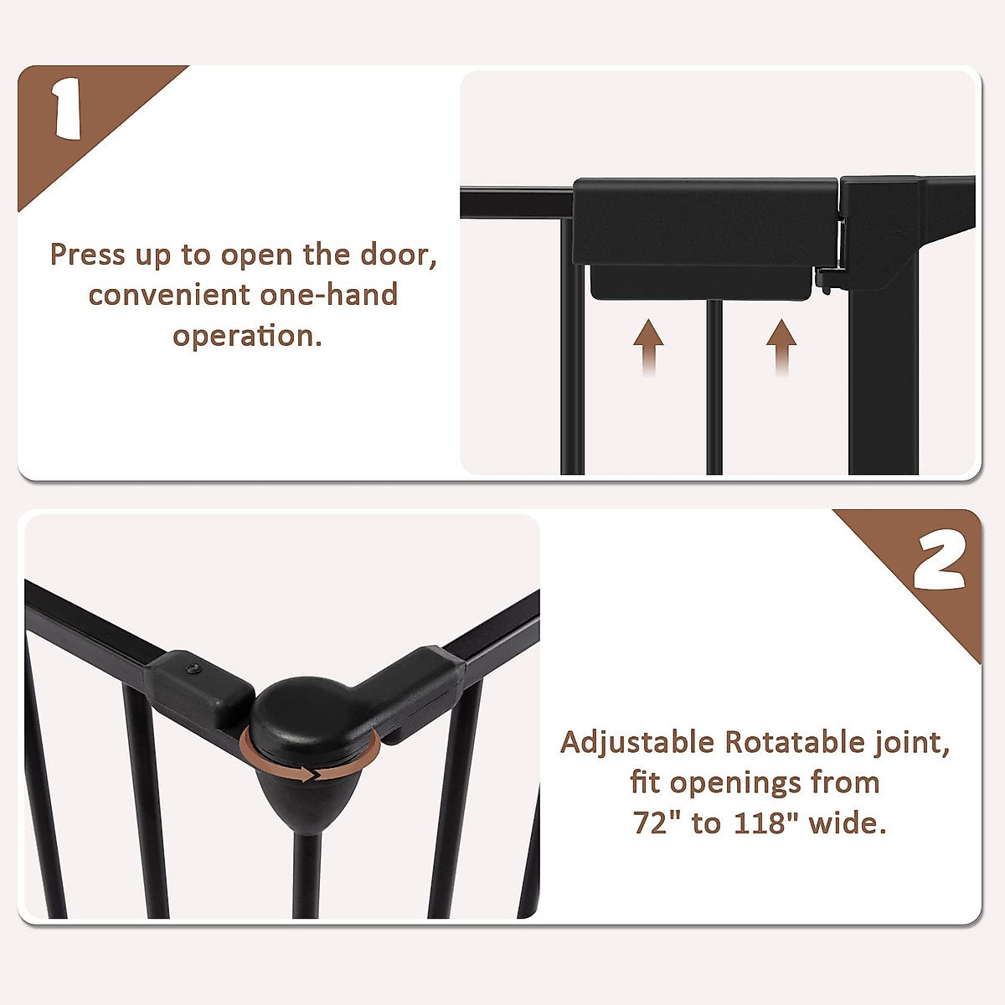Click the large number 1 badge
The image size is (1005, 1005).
click(66, 110)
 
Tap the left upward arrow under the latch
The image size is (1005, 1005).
click(648, 345)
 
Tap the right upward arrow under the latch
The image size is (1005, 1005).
click(781, 345)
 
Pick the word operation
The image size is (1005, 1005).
click(246, 336)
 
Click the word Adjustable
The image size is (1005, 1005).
click(636, 743)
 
